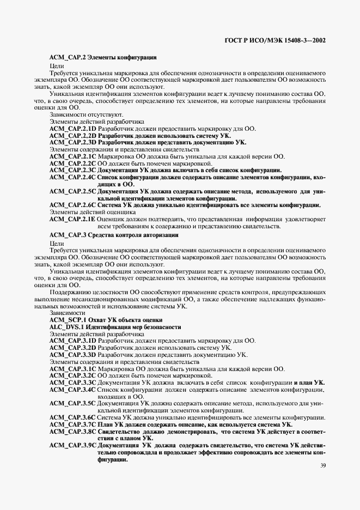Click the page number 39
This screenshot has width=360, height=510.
[323, 465]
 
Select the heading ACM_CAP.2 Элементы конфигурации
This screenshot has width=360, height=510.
[103, 57]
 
